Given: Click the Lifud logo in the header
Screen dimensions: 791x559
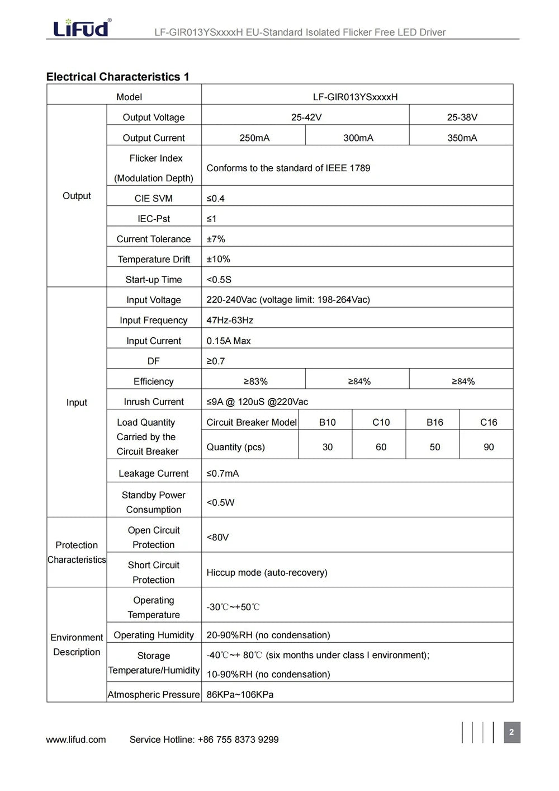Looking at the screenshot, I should pyautogui.click(x=81, y=27).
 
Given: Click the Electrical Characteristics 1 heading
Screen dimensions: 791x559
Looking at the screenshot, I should pyautogui.click(x=117, y=77).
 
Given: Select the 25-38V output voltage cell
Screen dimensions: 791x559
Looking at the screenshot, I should pyautogui.click(x=462, y=117).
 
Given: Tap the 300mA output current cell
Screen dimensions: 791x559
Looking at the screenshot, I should pyautogui.click(x=358, y=138).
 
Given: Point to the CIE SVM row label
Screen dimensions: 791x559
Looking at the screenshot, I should pyautogui.click(x=153, y=198).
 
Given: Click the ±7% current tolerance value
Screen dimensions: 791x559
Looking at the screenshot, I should pyautogui.click(x=216, y=239).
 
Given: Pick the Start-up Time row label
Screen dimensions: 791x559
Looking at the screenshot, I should pyautogui.click(x=153, y=279).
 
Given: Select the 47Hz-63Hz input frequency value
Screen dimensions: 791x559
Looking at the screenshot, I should pyautogui.click(x=230, y=320).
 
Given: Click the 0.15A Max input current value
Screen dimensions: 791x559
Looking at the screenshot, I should pyautogui.click(x=229, y=341).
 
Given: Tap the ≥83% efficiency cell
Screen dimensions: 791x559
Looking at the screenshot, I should pyautogui.click(x=255, y=381).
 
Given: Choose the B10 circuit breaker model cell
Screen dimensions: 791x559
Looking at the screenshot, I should pyautogui.click(x=327, y=422).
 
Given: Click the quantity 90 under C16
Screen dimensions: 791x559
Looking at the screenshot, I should pyautogui.click(x=488, y=447).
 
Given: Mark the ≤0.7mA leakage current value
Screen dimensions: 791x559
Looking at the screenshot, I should pyautogui.click(x=222, y=473).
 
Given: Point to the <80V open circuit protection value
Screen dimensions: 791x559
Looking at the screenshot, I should pyautogui.click(x=217, y=537).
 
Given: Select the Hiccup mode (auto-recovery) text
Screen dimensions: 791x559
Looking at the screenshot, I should pyautogui.click(x=267, y=572).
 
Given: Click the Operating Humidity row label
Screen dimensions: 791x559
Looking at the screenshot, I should pyautogui.click(x=153, y=635).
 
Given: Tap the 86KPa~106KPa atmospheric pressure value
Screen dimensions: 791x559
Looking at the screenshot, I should pyautogui.click(x=240, y=694).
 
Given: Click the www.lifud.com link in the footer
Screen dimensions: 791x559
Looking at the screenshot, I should pyautogui.click(x=76, y=740).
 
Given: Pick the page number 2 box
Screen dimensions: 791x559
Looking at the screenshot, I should pyautogui.click(x=511, y=732).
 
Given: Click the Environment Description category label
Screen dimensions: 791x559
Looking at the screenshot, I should pyautogui.click(x=77, y=644).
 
